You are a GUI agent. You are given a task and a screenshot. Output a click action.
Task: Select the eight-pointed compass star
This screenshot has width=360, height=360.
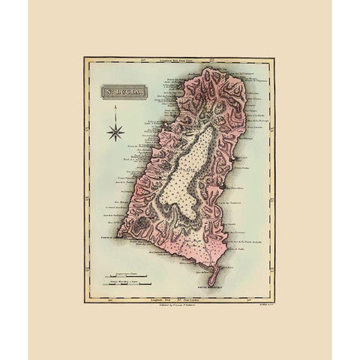pyautogui.click(x=115, y=134)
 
